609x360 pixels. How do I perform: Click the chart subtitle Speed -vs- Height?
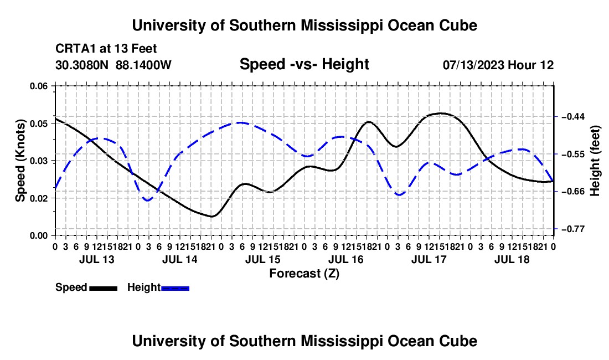304,64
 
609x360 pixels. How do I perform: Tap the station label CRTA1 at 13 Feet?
106,49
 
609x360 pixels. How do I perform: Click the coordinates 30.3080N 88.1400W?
113,65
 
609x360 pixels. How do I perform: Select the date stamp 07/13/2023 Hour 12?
498,65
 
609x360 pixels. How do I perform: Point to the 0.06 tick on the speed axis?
39,86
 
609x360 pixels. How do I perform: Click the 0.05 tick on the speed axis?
39,124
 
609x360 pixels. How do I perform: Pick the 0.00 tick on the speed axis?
39,236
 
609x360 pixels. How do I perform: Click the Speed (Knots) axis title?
20,161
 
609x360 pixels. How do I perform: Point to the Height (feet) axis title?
595,161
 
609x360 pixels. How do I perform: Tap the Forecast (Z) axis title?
304,274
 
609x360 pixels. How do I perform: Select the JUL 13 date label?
97,259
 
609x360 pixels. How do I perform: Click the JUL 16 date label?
345,259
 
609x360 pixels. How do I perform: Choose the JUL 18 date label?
512,259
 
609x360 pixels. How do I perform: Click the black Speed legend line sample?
104,288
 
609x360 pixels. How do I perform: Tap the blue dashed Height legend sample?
175,288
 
